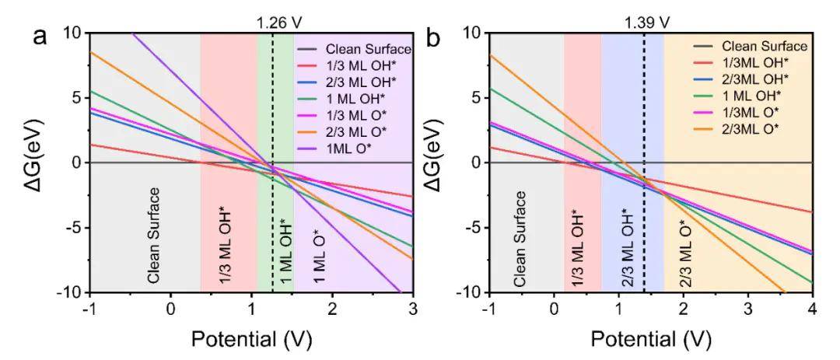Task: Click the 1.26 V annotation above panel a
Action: click(x=272, y=13)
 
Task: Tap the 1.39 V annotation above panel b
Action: click(x=645, y=13)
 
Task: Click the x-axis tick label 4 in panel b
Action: click(x=812, y=309)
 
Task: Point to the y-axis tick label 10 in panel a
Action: click(x=72, y=33)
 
